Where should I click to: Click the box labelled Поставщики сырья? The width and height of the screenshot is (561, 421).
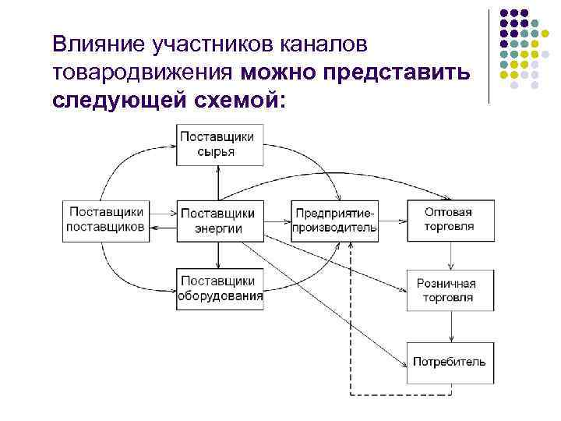pos(219,144)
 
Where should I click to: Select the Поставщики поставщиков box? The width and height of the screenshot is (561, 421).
pos(105,219)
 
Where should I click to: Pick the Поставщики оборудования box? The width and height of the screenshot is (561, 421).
pos(219,288)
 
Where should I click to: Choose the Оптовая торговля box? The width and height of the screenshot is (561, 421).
pos(448,219)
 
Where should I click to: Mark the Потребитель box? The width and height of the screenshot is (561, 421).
pos(449,362)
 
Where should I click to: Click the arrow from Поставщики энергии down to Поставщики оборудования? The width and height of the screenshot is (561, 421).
pos(220,253)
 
